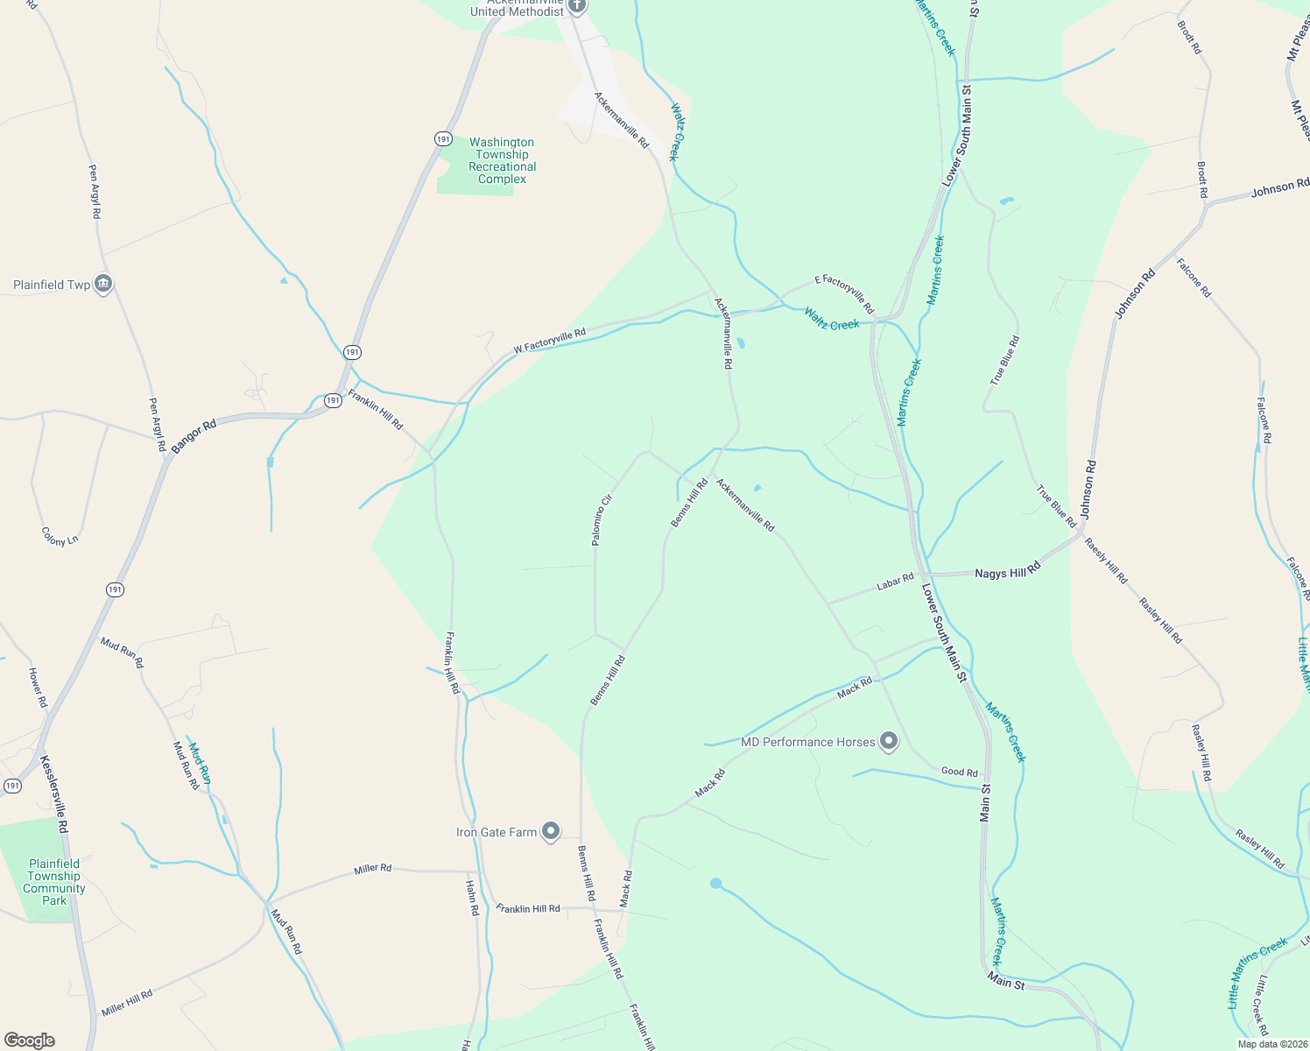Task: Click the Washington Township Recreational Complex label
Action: [502, 160]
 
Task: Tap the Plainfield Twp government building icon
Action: [103, 284]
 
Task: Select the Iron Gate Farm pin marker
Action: [550, 831]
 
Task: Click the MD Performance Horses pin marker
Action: [889, 742]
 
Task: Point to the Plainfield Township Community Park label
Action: [54, 882]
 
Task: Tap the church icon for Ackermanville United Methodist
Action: [576, 6]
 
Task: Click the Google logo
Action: [29, 1040]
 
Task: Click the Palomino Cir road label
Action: [602, 520]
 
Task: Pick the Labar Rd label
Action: [895, 582]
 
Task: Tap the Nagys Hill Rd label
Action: [1007, 572]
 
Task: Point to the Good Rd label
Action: [959, 772]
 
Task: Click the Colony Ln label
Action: [60, 536]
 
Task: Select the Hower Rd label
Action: [37, 688]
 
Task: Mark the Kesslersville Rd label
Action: [53, 794]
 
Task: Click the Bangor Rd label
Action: [194, 437]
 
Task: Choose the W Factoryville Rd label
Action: [549, 342]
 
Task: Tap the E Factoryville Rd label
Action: [844, 293]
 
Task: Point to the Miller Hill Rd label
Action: [127, 1002]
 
